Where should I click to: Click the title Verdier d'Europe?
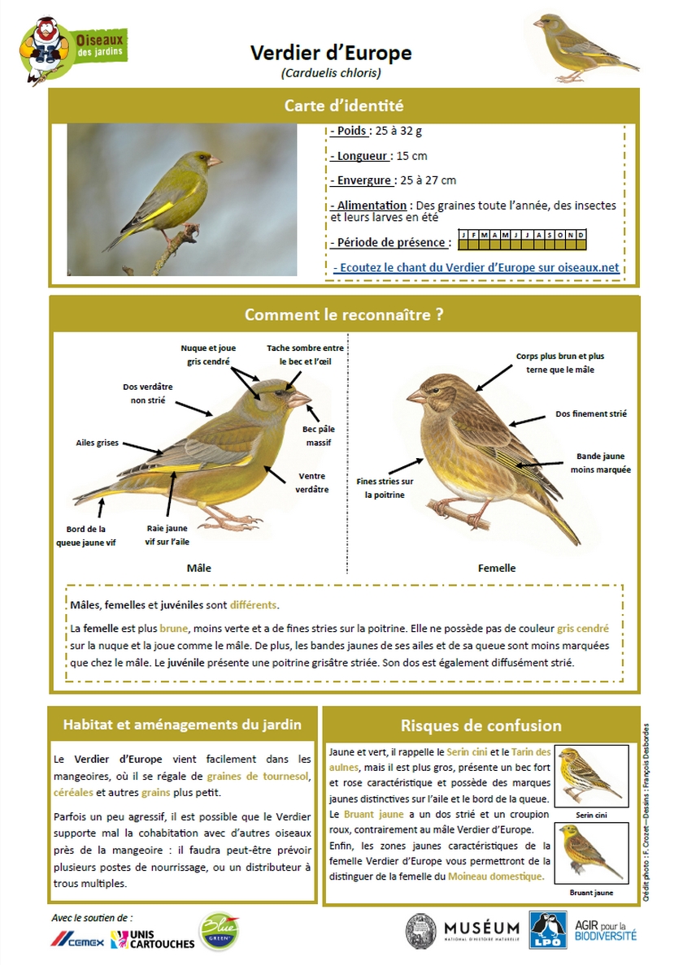coord(331,54)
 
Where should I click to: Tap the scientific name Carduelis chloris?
coord(331,73)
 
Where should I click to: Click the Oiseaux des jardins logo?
coord(74,49)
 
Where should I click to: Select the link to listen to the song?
coord(476,267)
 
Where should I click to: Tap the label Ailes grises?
coord(97,443)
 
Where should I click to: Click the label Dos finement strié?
coord(591,413)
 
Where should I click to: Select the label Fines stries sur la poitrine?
coord(385,487)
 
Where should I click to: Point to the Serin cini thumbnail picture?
coord(590,777)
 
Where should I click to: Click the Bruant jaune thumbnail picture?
coord(590,853)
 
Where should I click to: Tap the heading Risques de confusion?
coord(481,725)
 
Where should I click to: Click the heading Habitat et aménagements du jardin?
coord(182,725)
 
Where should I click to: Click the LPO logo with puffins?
coord(546,930)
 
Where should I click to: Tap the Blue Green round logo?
coord(219,931)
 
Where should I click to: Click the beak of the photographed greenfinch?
coord(215,161)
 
